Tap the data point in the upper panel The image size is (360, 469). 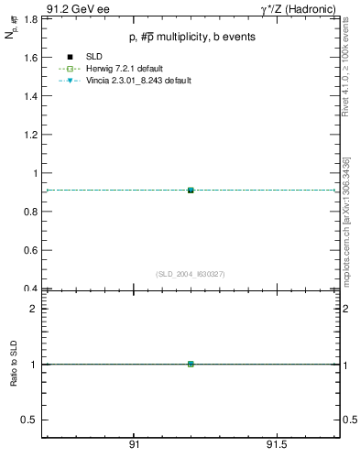pyautogui.click(x=191, y=190)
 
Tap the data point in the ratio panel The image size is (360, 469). pyautogui.click(x=191, y=364)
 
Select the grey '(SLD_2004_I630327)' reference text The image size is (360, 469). pyautogui.click(x=191, y=274)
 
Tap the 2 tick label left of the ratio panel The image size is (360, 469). pyautogui.click(x=33, y=309)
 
